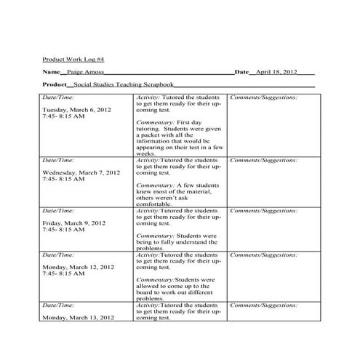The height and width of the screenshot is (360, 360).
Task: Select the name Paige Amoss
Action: coord(85,73)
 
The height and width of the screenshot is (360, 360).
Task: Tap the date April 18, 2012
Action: coord(277,73)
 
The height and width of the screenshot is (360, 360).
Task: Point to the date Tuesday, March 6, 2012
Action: coord(77,110)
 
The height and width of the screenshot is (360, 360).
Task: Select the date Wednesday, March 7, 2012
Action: coord(81,173)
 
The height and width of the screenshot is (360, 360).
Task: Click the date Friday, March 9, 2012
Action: coord(74,223)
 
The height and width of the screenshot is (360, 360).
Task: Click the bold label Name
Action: coord(50,73)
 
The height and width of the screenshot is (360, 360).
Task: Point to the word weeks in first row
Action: coord(145,153)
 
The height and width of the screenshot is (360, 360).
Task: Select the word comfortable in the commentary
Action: coord(155,204)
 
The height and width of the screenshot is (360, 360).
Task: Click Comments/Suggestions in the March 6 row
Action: coord(263,97)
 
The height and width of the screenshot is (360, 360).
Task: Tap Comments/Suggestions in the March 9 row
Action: coord(263,210)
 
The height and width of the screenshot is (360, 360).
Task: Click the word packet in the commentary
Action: coord(153,135)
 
